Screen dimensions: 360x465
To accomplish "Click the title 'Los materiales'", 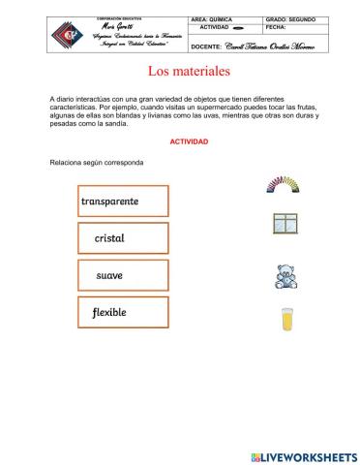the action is tap(189, 72).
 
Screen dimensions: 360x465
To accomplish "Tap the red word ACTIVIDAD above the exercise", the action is tap(189, 141).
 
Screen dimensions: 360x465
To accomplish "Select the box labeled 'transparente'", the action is tap(123, 201).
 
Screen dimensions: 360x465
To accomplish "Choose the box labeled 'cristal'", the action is tap(123, 238).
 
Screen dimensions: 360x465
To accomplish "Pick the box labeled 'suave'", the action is tap(123, 276).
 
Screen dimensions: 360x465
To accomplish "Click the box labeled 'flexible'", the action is tap(123, 313).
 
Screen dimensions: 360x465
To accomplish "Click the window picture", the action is tap(285, 224).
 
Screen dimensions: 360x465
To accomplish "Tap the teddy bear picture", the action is tap(285, 277).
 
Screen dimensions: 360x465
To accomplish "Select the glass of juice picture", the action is tap(286, 319).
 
